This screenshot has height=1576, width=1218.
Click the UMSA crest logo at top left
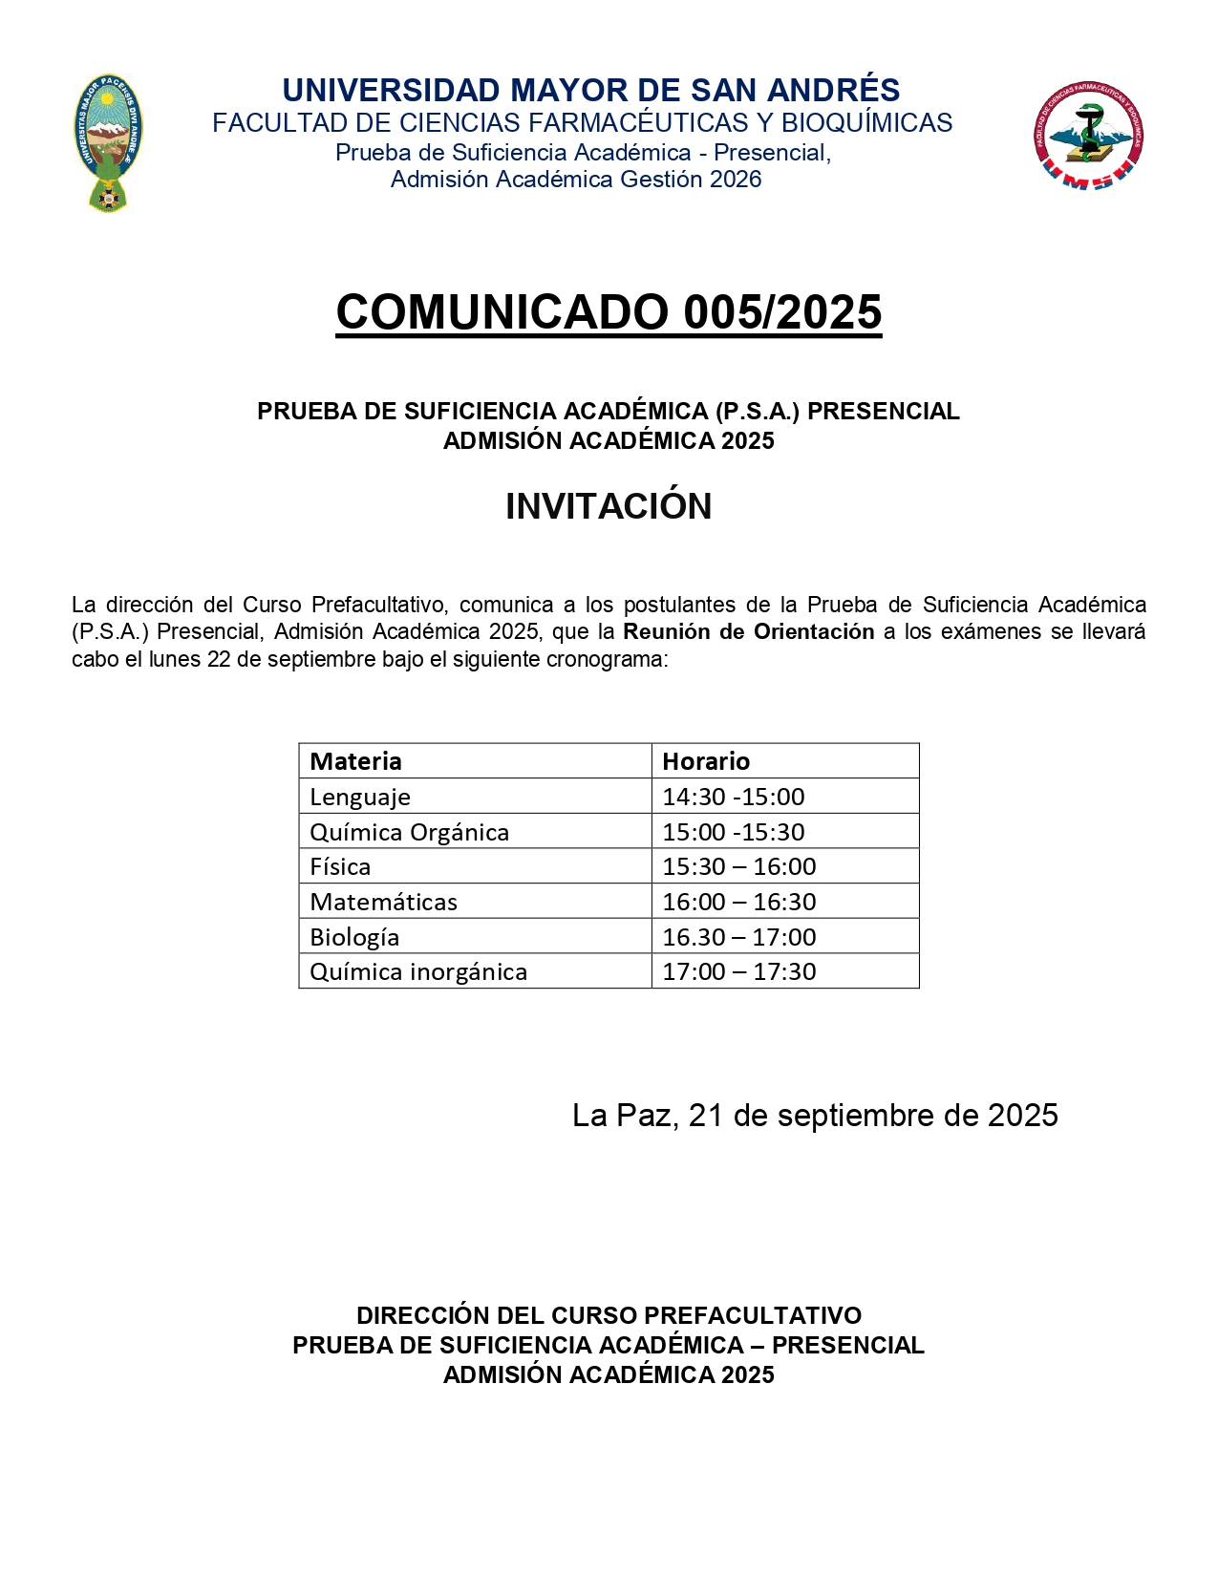[108, 143]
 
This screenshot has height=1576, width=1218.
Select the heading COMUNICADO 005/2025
[609, 312]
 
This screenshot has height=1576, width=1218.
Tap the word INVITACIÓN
[609, 506]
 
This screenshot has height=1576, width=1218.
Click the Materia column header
[355, 761]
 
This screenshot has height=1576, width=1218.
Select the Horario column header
[706, 761]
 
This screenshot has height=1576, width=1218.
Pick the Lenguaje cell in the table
[360, 797]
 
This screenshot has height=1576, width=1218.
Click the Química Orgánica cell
[409, 832]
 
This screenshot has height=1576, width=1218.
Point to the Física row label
[340, 866]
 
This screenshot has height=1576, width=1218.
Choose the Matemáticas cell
[383, 902]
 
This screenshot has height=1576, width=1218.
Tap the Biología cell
[354, 937]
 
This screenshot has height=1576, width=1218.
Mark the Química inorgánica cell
[418, 971]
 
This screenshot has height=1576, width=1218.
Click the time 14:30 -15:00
[733, 797]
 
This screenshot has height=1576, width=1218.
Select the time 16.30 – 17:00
[738, 937]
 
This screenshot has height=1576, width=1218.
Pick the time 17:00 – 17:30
[738, 971]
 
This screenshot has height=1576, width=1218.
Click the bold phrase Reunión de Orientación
[748, 631]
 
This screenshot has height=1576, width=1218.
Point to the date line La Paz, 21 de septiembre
[814, 1115]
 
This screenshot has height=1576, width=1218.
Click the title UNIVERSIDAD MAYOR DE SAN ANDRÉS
[590, 90]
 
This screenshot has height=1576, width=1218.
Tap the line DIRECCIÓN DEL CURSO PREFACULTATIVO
[609, 1315]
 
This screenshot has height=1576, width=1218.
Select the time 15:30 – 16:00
[738, 866]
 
